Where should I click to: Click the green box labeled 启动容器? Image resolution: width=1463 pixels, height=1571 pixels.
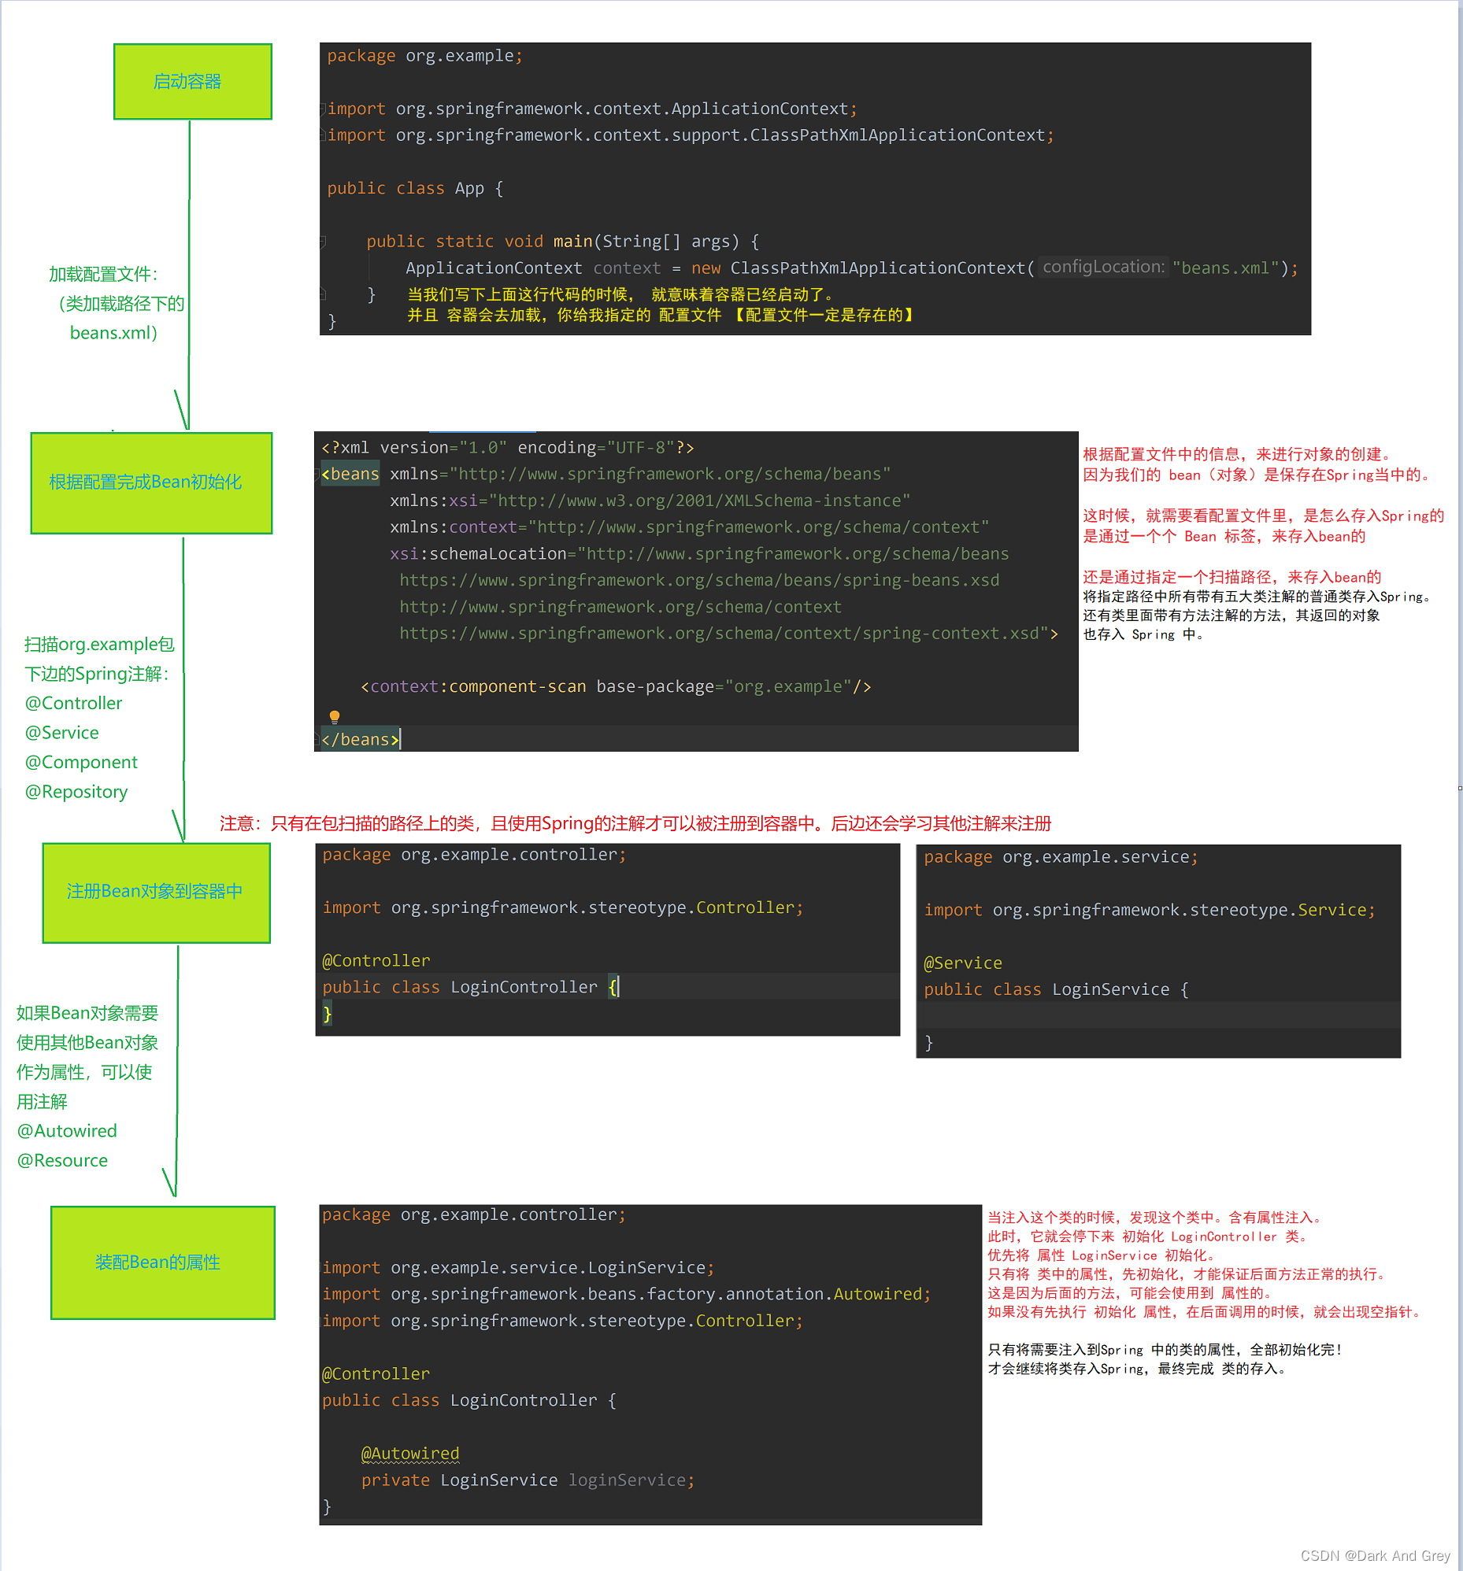192,81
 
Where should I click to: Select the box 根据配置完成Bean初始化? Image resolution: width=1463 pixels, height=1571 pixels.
151,482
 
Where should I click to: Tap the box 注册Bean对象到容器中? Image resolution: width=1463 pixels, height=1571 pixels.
156,892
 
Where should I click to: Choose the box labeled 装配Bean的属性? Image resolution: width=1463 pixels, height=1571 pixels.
162,1262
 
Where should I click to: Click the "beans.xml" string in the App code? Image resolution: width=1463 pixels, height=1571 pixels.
1225,268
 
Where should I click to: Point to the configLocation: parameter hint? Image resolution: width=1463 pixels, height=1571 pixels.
1102,267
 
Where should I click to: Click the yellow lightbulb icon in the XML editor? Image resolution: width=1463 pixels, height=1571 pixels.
335,716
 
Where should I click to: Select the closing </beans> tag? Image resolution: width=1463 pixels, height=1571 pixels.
360,740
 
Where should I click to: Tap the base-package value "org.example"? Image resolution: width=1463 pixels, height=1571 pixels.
788,686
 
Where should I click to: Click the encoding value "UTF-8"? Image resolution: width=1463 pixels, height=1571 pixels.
640,448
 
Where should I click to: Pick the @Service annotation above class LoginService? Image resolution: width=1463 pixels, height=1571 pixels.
963,963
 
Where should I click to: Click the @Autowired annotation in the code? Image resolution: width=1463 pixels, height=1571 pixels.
409,1453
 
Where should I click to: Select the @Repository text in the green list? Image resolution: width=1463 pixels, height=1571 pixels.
76,792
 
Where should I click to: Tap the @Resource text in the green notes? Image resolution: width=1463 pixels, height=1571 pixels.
62,1160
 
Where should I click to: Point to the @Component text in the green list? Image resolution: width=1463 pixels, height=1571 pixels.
80,762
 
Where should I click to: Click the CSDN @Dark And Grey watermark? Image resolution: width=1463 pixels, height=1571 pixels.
1375,1555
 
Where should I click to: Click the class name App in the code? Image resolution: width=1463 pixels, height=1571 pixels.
469,189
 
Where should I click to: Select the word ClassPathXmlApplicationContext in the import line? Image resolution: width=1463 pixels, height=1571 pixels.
897,136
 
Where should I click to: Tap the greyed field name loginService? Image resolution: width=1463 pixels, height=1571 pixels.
627,1480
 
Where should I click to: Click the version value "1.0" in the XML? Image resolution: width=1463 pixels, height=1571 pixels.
482,448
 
